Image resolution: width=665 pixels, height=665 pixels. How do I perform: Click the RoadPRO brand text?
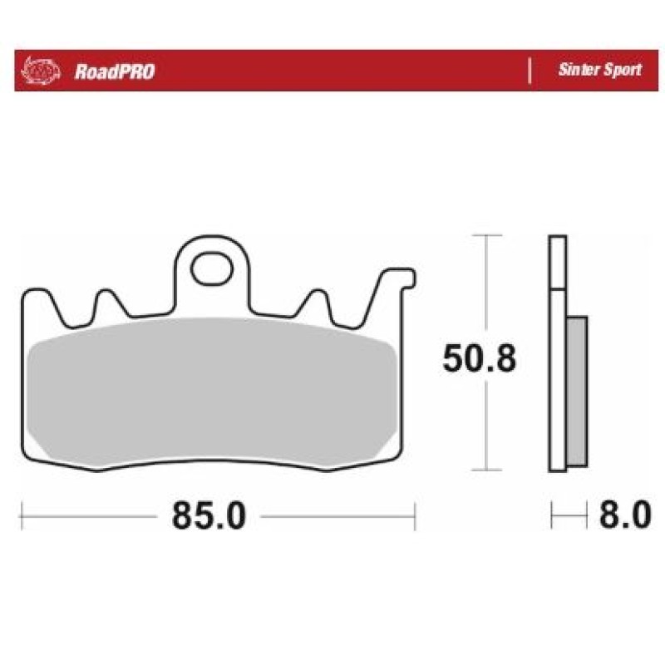[x=115, y=71]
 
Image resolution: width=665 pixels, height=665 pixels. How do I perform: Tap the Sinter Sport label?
[x=599, y=70]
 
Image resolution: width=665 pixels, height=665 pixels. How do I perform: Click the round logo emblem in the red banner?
[x=41, y=71]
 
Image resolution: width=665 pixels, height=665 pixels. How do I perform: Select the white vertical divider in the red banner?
[x=530, y=71]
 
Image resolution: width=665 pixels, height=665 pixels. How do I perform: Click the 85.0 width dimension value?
[x=209, y=515]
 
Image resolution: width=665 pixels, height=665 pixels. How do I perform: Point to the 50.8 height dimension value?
[x=480, y=359]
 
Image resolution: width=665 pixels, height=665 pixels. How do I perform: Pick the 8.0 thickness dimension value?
[x=625, y=515]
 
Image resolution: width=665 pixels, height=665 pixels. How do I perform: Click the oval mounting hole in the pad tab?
[x=212, y=268]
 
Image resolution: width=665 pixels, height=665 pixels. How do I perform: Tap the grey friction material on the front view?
[x=212, y=389]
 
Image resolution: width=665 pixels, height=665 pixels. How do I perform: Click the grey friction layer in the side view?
[x=577, y=392]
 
